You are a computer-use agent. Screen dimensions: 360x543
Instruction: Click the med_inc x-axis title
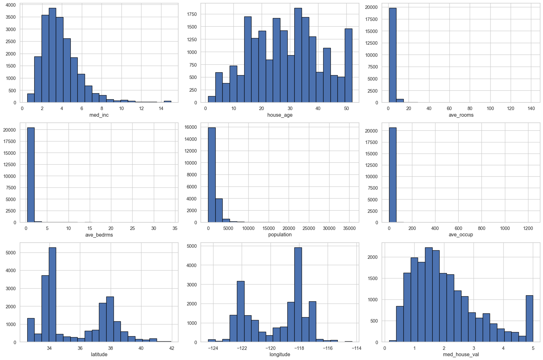99,115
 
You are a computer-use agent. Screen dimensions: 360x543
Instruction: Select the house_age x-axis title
280,115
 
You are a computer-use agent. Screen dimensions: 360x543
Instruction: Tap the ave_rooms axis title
461,115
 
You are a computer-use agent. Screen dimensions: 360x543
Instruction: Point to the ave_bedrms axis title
99,235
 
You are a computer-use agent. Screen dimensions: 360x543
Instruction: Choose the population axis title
280,235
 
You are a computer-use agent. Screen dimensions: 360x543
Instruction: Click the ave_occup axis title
461,235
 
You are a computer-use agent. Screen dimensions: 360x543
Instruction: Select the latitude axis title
99,354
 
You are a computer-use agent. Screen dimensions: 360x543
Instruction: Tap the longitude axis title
280,354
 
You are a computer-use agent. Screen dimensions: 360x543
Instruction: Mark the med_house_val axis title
461,354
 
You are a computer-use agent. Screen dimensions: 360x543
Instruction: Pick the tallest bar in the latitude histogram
52,295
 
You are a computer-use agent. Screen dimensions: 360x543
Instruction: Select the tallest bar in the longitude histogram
298,295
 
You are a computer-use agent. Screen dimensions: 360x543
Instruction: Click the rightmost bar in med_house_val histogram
529,319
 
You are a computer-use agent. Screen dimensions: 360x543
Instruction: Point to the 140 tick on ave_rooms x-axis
531,108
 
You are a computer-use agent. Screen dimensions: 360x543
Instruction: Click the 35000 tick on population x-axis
350,228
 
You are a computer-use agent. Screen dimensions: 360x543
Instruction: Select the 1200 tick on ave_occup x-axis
528,228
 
